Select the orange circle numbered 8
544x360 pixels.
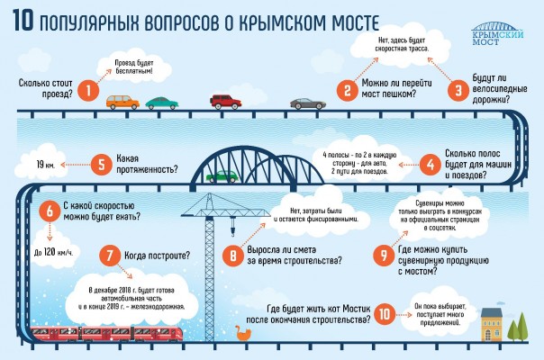coord(232,256)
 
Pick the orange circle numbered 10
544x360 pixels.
coord(385,314)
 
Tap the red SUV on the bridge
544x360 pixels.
coord(226,100)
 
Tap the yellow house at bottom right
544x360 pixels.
coord(493,324)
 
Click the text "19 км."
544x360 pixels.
coord(47,165)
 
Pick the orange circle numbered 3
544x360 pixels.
coord(458,89)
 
